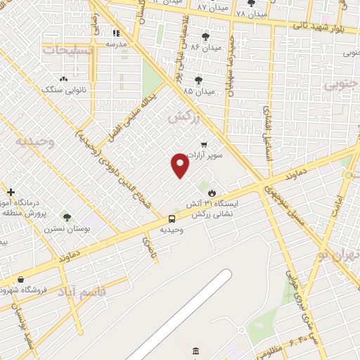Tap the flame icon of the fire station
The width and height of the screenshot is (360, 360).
coord(212,191)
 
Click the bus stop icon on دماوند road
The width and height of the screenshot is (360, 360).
coord(172,219)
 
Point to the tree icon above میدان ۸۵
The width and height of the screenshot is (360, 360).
coord(198,80)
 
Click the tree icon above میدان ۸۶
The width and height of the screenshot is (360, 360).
coord(205,37)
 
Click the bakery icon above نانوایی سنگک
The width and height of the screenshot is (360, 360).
coord(64,79)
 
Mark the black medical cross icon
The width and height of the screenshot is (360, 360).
coord(11,192)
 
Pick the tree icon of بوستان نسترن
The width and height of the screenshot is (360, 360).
coord(67,218)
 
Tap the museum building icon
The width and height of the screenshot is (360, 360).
coord(195,351)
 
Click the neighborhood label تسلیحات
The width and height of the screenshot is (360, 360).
coord(67,51)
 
